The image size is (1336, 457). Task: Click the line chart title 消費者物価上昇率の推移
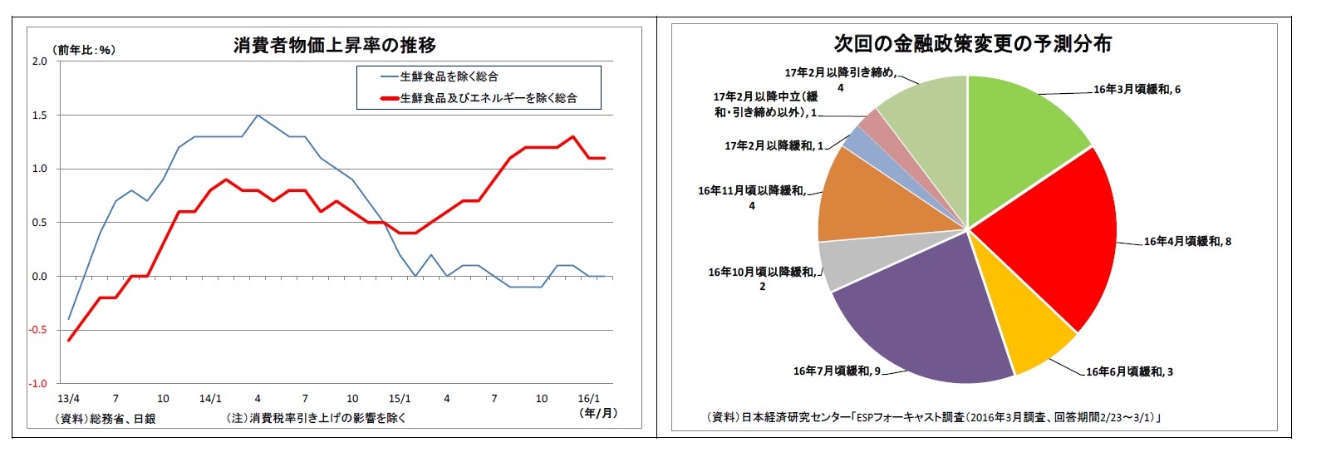(334, 45)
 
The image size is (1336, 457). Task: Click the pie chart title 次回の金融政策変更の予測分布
(972, 43)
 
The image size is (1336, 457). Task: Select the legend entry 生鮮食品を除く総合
(449, 76)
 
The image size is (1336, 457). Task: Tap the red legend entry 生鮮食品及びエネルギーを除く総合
(488, 98)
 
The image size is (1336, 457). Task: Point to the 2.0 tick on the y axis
(39, 61)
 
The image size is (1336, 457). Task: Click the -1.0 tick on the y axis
(38, 384)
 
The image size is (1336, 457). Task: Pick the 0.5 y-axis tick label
(39, 223)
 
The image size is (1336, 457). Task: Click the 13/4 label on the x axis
(69, 399)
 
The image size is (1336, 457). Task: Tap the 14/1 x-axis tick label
(210, 399)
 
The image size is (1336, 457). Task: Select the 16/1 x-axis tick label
(588, 399)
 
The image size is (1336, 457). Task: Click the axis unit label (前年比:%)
(84, 50)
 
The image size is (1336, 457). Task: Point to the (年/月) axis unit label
(599, 412)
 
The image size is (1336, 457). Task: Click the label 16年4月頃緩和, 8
(1187, 242)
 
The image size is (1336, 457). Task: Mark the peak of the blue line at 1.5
(258, 115)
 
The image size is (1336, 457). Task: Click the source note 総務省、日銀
(106, 419)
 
